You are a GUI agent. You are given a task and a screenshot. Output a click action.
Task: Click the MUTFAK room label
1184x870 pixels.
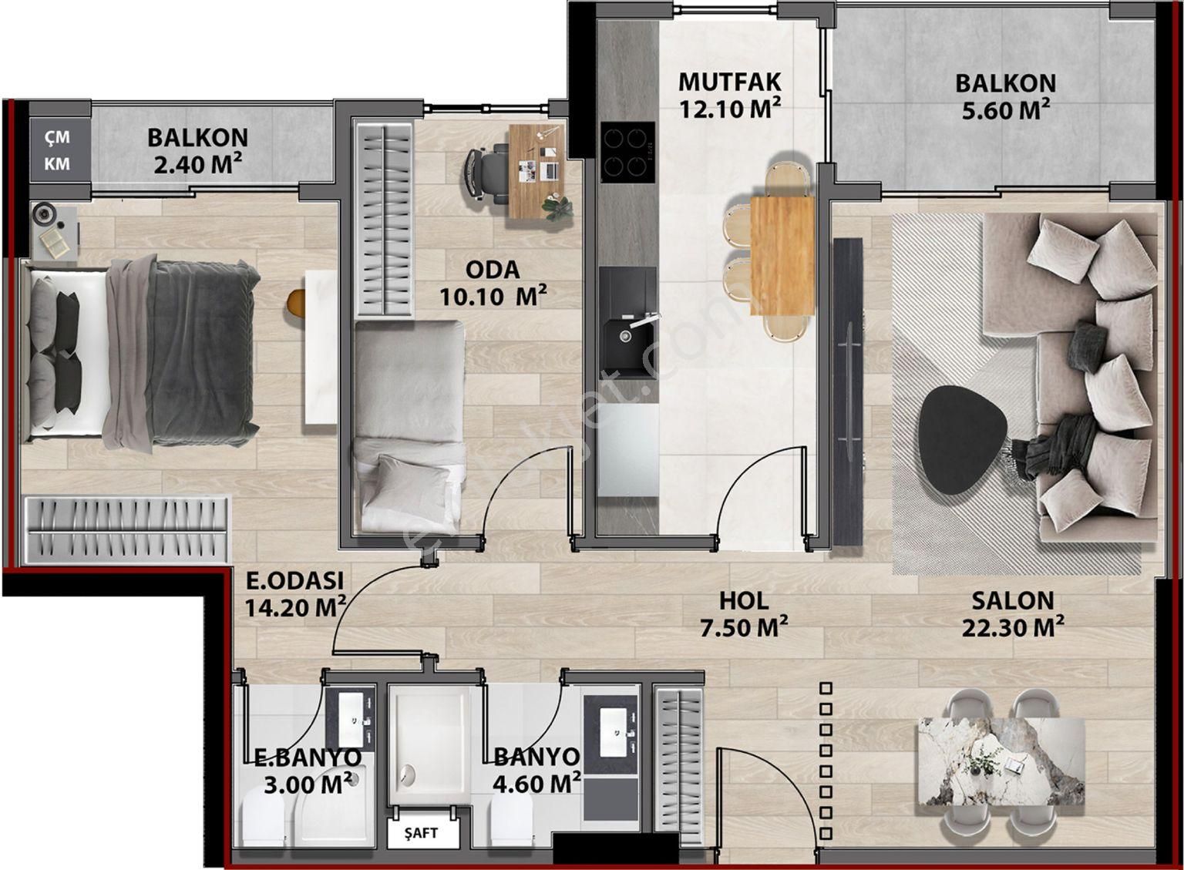[729, 81]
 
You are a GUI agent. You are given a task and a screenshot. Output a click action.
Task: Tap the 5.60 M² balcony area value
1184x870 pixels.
[1006, 109]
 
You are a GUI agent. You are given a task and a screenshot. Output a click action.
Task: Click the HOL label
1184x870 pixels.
[743, 601]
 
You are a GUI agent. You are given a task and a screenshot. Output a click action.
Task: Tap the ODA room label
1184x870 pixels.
[493, 270]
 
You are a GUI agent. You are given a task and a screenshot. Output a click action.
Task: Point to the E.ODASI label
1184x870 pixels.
[294, 579]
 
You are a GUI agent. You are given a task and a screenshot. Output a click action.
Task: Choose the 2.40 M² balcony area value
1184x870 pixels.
[198, 164]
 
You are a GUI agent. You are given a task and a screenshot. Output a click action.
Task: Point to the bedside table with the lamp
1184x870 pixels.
[52, 231]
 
